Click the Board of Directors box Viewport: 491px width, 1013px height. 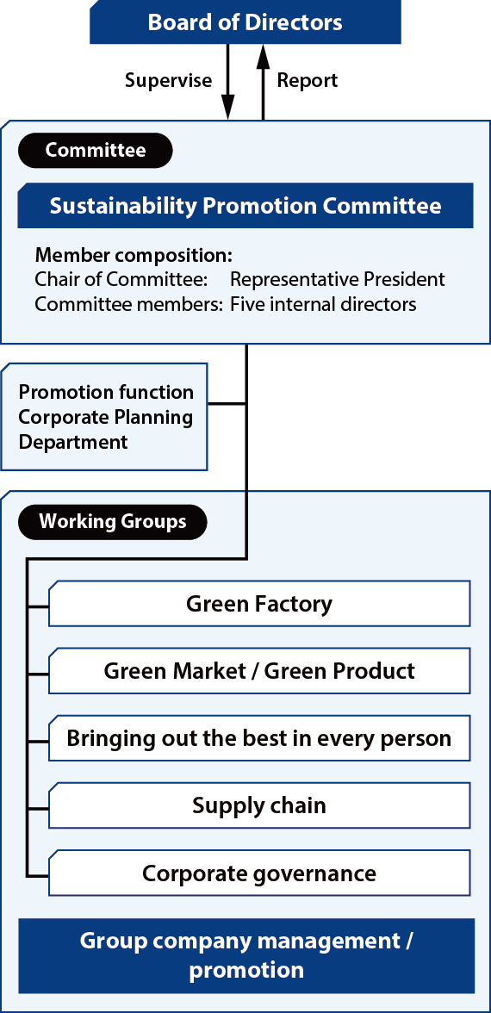click(x=245, y=22)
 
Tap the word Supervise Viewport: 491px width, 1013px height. click(x=168, y=81)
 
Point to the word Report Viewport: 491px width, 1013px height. click(x=308, y=81)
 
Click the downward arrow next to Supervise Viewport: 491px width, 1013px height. click(x=227, y=81)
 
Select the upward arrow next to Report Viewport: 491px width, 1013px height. click(x=263, y=81)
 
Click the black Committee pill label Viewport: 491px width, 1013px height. click(x=96, y=151)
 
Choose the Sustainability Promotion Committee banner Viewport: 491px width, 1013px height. click(x=245, y=205)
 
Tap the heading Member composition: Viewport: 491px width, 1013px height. click(x=133, y=255)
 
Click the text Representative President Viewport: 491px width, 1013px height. click(x=338, y=279)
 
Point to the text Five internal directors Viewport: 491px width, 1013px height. click(x=323, y=303)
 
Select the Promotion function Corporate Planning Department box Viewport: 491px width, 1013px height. click(x=105, y=417)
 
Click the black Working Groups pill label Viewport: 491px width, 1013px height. click(x=112, y=522)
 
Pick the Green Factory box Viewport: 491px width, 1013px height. click(x=259, y=603)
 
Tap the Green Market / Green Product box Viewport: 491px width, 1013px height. click(x=259, y=670)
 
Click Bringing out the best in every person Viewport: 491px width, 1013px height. click(x=259, y=737)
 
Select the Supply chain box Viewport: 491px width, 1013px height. click(x=259, y=805)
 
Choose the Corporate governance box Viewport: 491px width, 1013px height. click(x=259, y=873)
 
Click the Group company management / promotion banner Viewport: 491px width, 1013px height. click(x=246, y=955)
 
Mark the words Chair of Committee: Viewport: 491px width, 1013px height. click(x=121, y=279)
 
